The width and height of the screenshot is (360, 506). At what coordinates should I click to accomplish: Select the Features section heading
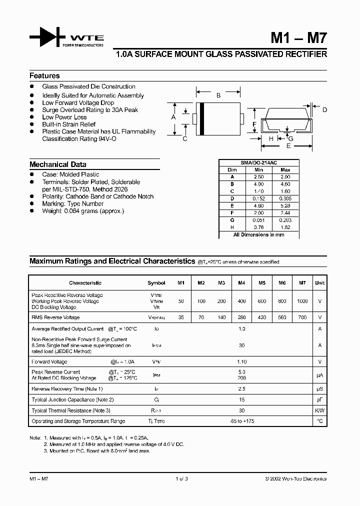44,76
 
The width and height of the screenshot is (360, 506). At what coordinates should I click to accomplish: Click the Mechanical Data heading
57,164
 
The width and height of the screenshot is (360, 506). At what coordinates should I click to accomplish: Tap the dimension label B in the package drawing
218,95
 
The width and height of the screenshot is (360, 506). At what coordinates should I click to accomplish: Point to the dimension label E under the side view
288,147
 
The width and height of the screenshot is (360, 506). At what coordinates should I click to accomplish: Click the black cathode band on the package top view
201,118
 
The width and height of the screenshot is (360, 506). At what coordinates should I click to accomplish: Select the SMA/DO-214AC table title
259,163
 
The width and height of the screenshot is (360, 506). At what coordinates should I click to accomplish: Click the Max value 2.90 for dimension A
285,177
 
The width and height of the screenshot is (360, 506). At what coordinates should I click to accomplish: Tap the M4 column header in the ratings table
241,283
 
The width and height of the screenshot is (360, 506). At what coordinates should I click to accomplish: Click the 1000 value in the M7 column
302,301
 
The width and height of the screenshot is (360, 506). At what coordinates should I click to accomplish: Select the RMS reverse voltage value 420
261,317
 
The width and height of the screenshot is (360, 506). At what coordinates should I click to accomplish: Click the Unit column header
319,283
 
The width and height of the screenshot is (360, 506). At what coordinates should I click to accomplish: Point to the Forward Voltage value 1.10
242,361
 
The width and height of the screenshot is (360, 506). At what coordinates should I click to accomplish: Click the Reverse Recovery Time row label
67,389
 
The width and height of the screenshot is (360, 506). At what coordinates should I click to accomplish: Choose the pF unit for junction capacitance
319,400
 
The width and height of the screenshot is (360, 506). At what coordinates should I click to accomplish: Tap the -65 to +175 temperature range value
242,421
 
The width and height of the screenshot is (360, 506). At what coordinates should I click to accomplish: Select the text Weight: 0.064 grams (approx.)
83,211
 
